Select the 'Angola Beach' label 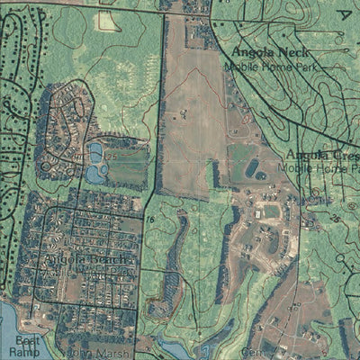point(87,261)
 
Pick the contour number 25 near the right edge point(334,219)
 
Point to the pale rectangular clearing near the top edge point(108,21)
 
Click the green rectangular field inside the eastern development point(269,211)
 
